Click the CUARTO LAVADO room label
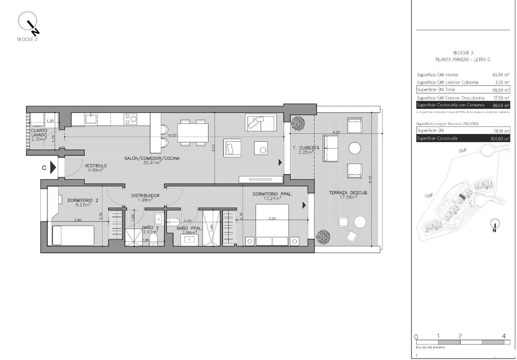click(39, 132)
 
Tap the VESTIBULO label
click(96, 166)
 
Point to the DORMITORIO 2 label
click(83, 200)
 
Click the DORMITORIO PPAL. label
click(272, 195)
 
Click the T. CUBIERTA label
click(306, 148)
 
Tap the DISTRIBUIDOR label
click(145, 196)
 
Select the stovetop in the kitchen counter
click(131, 119)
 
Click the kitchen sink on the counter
click(91, 119)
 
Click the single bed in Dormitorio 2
click(73, 235)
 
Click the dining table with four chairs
click(193, 132)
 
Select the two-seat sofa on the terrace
click(330, 148)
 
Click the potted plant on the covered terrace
click(297, 123)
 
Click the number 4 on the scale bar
click(504, 336)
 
